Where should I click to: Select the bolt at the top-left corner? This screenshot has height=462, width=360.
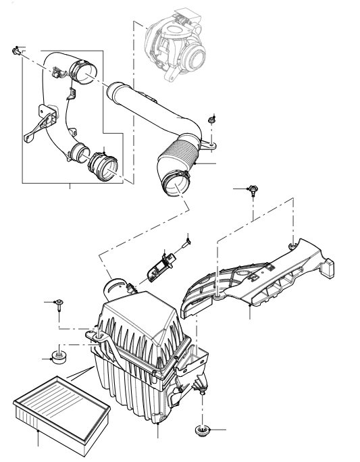(x=15, y=51)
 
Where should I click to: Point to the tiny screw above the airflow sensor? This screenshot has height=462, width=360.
(x=188, y=238)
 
